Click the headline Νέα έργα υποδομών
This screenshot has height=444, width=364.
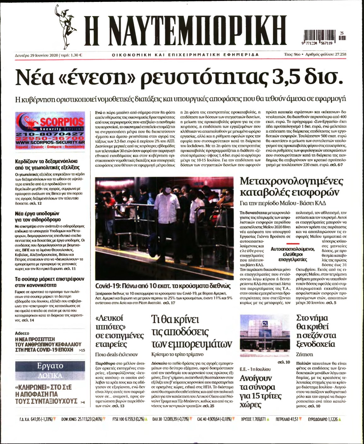[x=38, y=216]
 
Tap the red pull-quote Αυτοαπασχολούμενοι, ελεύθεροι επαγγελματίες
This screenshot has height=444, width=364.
[x=293, y=254]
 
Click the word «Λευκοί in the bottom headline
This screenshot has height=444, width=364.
[x=109, y=318]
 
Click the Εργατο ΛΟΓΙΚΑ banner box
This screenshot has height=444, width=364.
[x=50, y=370]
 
